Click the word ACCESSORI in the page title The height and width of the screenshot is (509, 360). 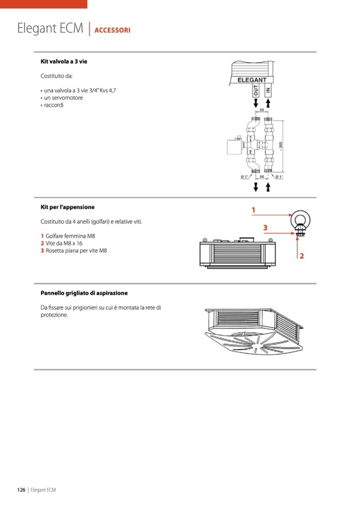pyautogui.click(x=113, y=30)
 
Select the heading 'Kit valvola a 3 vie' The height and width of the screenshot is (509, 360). pyautogui.click(x=64, y=62)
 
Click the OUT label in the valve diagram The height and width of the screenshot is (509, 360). pyautogui.click(x=256, y=91)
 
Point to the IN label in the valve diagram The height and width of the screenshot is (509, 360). pyautogui.click(x=268, y=91)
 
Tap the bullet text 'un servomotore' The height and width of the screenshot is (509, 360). pyautogui.click(x=63, y=98)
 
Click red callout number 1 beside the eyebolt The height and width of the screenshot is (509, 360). pyautogui.click(x=254, y=210)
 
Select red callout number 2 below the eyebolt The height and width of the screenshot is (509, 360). pyautogui.click(x=301, y=256)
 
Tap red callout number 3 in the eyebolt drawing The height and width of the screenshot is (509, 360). pyautogui.click(x=265, y=228)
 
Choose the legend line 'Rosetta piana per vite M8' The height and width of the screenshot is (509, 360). pyautogui.click(x=76, y=251)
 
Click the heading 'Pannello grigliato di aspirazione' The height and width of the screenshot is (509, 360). pyautogui.click(x=84, y=293)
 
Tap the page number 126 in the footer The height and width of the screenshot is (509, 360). pyautogui.click(x=21, y=490)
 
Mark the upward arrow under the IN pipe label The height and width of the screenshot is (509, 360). pyautogui.click(x=268, y=105)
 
